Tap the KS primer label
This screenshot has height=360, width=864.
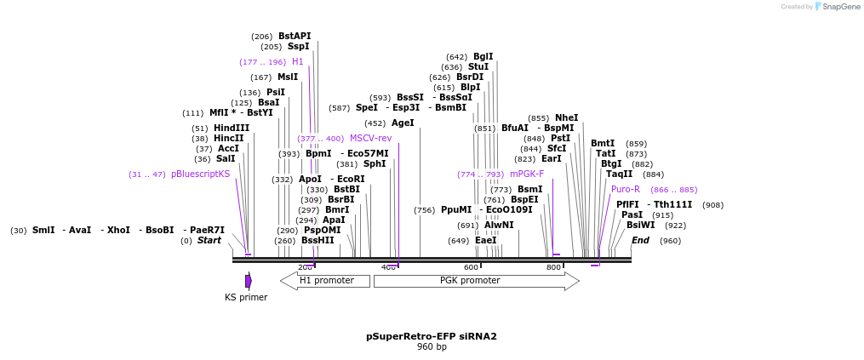pyautogui.click(x=246, y=297)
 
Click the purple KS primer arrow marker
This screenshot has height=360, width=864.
pyautogui.click(x=249, y=281)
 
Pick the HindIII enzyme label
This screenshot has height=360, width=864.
pyautogui.click(x=232, y=128)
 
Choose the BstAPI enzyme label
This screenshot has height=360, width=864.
pyautogui.click(x=295, y=36)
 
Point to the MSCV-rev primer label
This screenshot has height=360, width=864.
pyautogui.click(x=370, y=138)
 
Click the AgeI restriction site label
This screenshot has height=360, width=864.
pyautogui.click(x=403, y=123)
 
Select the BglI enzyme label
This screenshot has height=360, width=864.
pyautogui.click(x=483, y=56)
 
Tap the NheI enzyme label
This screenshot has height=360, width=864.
pyautogui.click(x=566, y=117)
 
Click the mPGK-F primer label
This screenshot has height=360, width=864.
pyautogui.click(x=527, y=174)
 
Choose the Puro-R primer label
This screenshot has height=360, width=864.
pyautogui.click(x=626, y=189)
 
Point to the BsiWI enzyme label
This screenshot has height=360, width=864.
pyautogui.click(x=640, y=225)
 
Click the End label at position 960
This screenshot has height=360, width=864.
pyautogui.click(x=640, y=240)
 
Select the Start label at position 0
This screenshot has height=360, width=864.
pyautogui.click(x=209, y=240)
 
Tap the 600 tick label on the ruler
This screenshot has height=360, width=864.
pyautogui.click(x=471, y=267)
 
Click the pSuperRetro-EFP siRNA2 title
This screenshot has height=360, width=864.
pyautogui.click(x=431, y=336)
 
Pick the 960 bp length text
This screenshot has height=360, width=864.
pyautogui.click(x=431, y=346)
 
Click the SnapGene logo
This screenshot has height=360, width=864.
pyautogui.click(x=834, y=7)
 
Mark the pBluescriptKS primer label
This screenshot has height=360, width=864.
pyautogui.click(x=200, y=174)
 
